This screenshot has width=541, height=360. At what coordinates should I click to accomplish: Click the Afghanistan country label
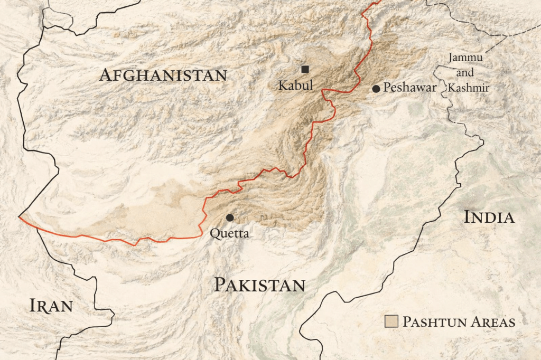163,75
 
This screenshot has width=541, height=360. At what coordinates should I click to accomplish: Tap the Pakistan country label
259,285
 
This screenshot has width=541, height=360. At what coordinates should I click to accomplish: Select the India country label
489,217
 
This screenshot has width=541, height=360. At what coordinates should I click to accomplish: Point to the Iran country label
51,306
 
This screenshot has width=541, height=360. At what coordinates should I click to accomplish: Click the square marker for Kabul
305,69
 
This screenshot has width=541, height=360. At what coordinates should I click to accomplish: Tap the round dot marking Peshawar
376,89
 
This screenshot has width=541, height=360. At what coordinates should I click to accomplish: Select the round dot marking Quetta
230,217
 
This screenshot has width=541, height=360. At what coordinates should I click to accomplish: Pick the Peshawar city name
410,88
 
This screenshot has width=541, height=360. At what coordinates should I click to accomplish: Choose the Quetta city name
229,233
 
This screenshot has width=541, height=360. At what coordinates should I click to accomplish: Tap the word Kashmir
468,88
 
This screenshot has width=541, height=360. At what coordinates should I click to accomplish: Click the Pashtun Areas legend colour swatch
391,321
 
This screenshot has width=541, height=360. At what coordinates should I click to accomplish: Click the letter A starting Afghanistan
106,75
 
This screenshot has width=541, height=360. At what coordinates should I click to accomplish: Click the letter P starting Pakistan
219,285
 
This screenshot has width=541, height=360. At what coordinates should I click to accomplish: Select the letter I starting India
467,217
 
